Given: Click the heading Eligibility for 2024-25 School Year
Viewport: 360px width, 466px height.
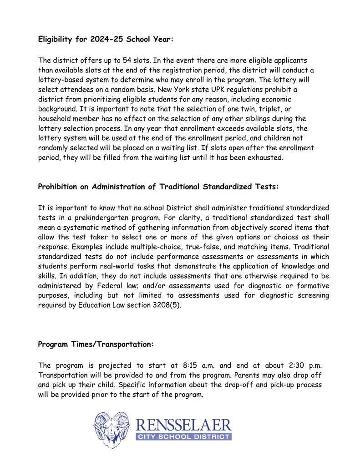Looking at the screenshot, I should pyautogui.click(x=106, y=40).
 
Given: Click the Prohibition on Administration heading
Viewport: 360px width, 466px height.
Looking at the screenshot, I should pyautogui.click(x=158, y=187).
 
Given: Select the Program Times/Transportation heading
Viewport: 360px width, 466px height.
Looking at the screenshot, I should pyautogui.click(x=96, y=344).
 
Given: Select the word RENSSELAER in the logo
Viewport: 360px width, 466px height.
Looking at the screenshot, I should pyautogui.click(x=183, y=425).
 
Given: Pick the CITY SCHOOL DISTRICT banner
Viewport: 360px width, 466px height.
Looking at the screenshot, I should pyautogui.click(x=183, y=436).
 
